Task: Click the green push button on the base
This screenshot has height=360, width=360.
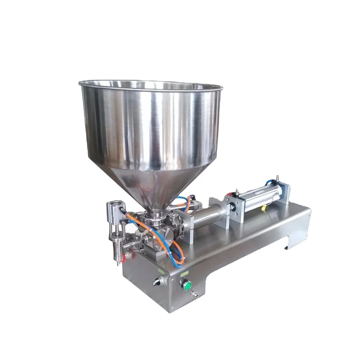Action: [x=187, y=287]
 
